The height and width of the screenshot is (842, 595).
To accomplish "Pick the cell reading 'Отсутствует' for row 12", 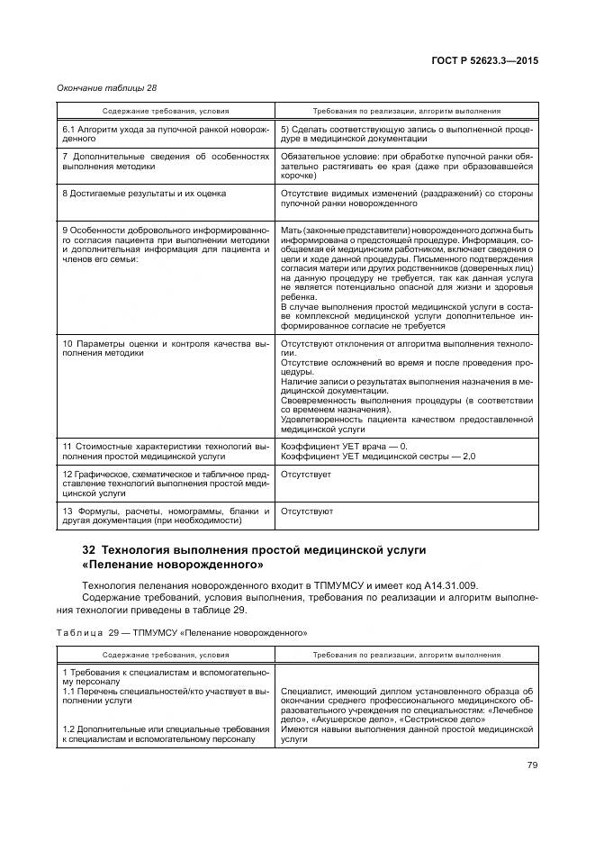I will pos(306,474).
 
